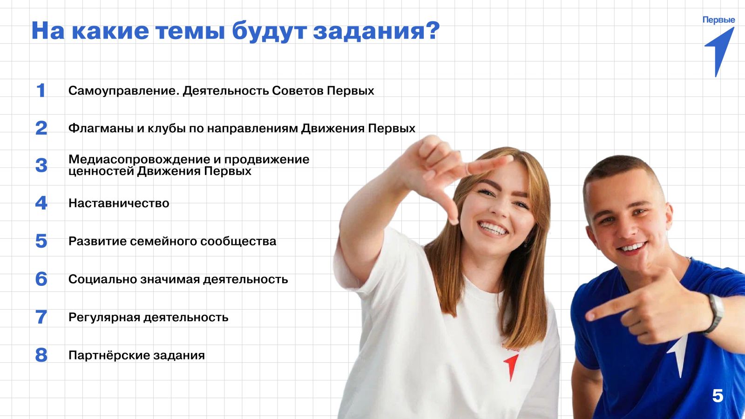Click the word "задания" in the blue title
370,31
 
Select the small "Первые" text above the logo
719,20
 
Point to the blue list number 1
41,90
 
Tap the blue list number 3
41,165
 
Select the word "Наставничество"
119,203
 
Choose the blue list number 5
41,241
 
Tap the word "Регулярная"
104,318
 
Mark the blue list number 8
41,355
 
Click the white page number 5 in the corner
718,396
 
